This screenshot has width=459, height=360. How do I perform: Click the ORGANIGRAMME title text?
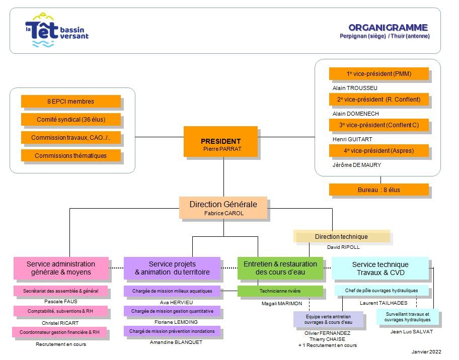tap(388, 28)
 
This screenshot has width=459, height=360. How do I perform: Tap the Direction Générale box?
tap(223, 207)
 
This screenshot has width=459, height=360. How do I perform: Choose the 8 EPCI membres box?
tap(70, 101)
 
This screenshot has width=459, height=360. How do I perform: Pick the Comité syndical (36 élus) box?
tap(70, 120)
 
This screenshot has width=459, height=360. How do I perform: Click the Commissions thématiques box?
tap(70, 156)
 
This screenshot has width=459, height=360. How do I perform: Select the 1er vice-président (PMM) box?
tap(378, 74)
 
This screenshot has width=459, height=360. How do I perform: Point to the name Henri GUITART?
tap(352, 139)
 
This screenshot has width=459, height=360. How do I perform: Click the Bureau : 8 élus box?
tap(378, 190)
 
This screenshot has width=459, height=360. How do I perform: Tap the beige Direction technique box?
tap(341, 237)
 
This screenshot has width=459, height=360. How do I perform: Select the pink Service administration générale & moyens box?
tap(61, 268)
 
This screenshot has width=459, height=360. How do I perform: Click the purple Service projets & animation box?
tap(172, 268)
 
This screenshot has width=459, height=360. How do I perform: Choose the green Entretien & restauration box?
tap(280, 268)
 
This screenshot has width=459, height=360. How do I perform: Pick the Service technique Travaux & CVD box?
tap(380, 268)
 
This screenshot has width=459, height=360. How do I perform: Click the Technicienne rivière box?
tap(280, 291)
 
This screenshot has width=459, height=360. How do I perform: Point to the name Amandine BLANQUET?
tap(176, 342)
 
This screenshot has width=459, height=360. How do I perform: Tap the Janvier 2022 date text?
tap(426, 352)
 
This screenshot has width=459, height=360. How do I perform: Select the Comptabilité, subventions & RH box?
tap(60, 311)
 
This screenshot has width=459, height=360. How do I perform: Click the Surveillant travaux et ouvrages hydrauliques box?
tap(407, 317)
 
